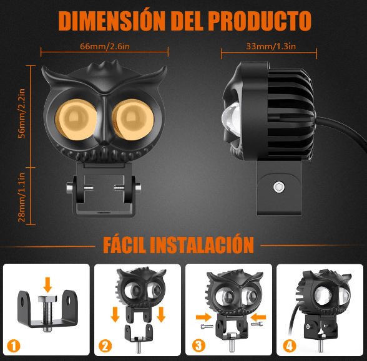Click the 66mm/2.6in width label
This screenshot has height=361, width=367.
[105, 46]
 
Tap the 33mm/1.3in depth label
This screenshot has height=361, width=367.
[271, 46]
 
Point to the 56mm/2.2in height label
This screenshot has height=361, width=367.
[21, 113]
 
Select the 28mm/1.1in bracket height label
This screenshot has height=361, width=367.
[21, 198]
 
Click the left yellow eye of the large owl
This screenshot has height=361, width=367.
[76, 120]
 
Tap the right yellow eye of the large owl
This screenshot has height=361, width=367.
[133, 120]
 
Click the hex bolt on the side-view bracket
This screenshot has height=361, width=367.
[279, 187]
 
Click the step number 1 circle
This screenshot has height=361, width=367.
[14, 346]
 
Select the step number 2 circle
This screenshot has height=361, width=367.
[105, 346]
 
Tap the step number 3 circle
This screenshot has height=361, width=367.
[198, 345]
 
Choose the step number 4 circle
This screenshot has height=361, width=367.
[290, 345]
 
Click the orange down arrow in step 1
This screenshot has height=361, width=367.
[47, 285]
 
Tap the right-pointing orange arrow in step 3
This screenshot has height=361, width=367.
[203, 317]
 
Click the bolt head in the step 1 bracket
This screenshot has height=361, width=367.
[47, 299]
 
